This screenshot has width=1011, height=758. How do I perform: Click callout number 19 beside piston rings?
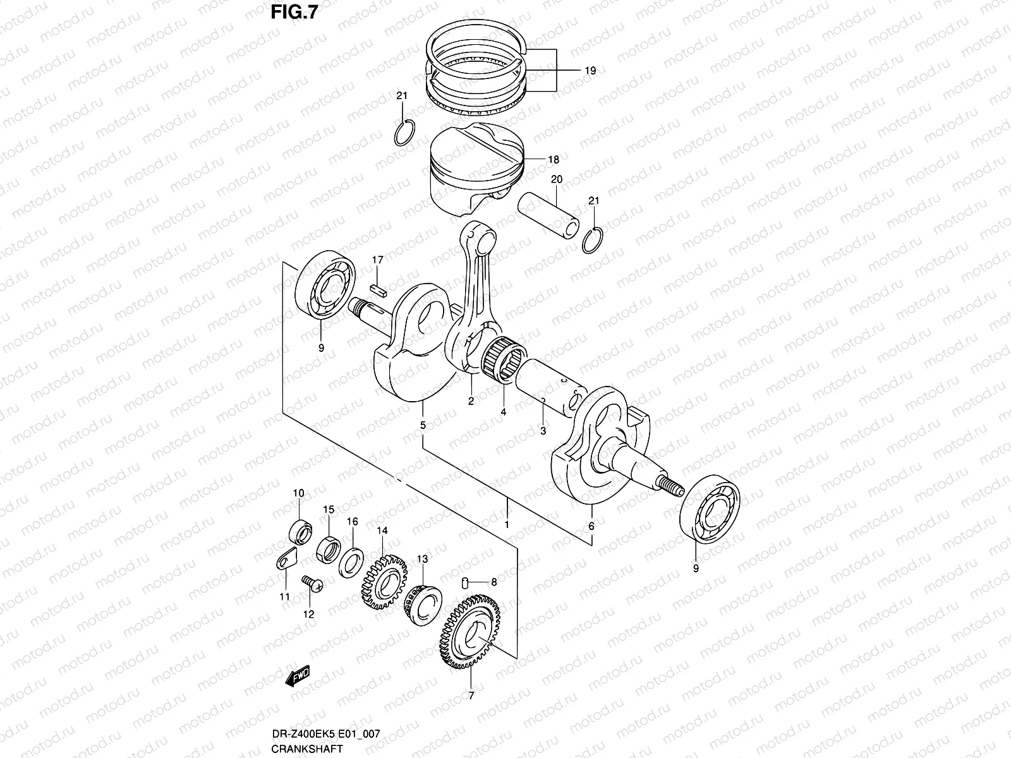589,71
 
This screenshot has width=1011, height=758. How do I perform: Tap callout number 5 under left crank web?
423,426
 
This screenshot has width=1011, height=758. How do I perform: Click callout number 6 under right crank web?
591,526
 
